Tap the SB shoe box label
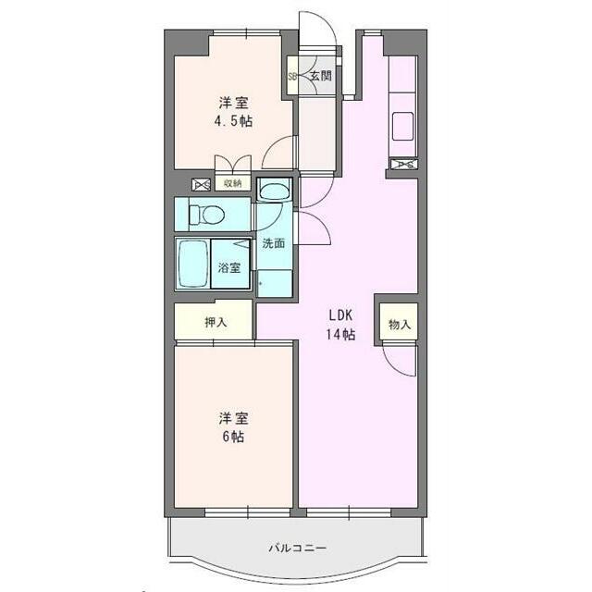(292, 77)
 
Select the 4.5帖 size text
(235, 121)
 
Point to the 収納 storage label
(232, 183)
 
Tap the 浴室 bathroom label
(229, 267)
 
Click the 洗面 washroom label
(273, 244)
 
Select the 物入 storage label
(400, 324)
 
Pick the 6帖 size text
(234, 437)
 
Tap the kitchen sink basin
(404, 125)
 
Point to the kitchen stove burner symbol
(404, 165)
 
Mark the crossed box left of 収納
(201, 183)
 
